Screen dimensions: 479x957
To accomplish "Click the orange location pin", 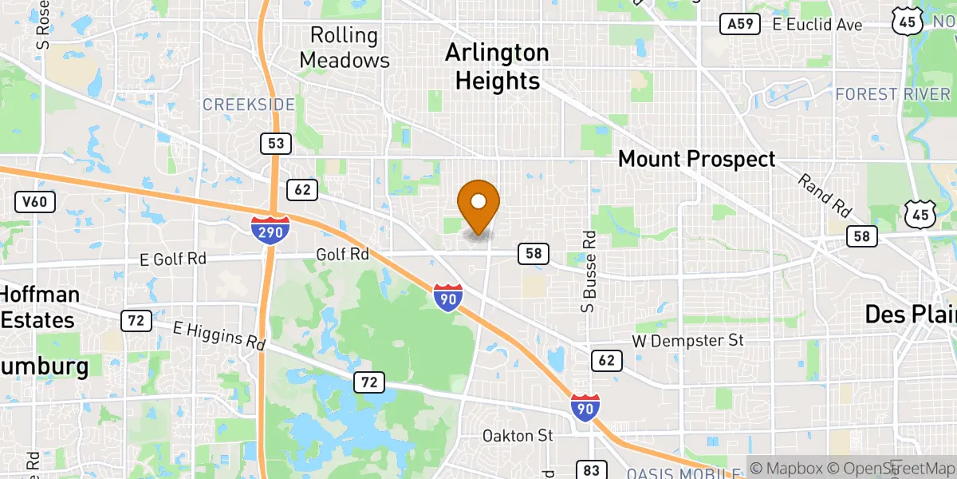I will [478, 204].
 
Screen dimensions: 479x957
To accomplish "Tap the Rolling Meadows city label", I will [344, 47].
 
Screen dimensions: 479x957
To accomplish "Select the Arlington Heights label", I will [497, 66].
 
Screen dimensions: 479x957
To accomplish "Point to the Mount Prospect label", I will [696, 159].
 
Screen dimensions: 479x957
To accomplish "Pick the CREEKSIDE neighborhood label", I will [248, 105].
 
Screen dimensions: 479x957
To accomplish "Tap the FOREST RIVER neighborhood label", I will [892, 94].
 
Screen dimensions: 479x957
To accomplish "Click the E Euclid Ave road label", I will [817, 25].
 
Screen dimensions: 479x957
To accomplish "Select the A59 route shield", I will [738, 24].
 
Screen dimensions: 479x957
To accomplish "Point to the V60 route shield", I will [34, 202].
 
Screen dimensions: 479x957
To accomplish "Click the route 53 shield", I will [275, 144].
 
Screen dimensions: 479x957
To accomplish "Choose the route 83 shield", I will [591, 470].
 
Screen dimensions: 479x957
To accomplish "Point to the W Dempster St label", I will [687, 341].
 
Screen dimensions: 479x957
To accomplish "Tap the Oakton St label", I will [517, 436].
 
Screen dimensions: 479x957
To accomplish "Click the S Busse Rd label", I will [589, 271].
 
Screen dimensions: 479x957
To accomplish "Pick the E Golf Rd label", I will [172, 259].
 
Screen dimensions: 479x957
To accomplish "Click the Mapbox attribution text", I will [789, 468].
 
